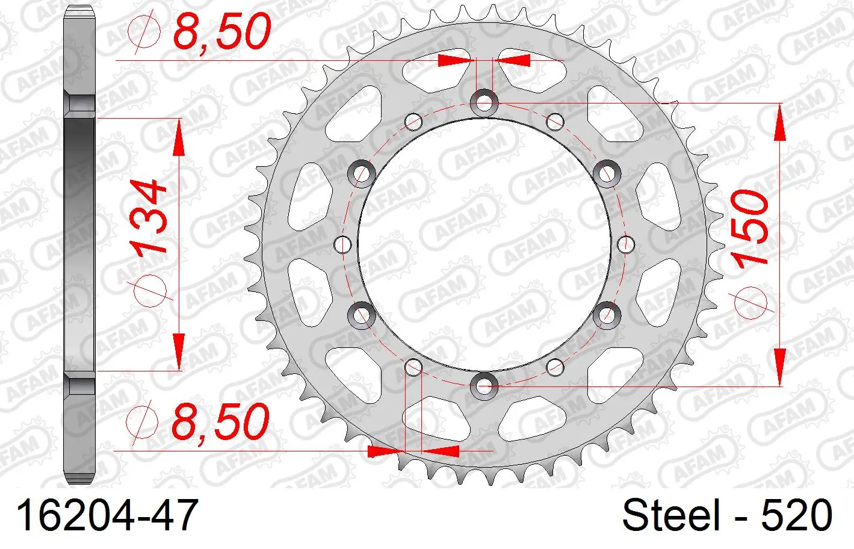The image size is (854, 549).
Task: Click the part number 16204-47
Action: [x=107, y=515]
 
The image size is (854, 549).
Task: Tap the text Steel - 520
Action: [x=727, y=515]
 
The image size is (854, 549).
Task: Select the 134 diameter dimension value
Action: [x=148, y=217]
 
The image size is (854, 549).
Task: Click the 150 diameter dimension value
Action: [x=749, y=228]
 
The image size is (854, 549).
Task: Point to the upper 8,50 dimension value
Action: [x=221, y=31]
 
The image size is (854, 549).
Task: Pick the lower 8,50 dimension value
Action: [x=221, y=421]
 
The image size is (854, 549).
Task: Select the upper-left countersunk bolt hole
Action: [x=362, y=173]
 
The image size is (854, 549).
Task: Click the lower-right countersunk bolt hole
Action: [x=607, y=315]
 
